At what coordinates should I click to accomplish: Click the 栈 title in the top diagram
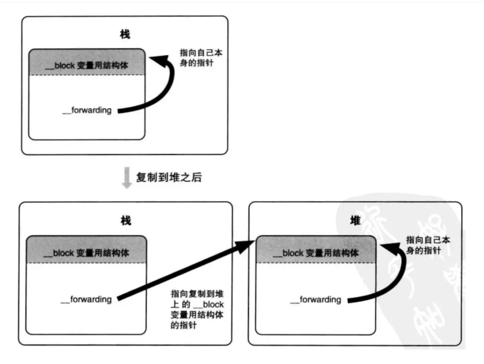tap(125, 35)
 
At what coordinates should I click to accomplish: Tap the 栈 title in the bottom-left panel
tap(126, 220)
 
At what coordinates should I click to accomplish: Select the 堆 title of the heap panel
tap(355, 220)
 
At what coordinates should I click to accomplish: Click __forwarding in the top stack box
tap(87, 110)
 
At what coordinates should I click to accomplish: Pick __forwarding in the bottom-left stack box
tap(86, 299)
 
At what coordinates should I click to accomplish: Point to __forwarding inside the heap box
tap(315, 299)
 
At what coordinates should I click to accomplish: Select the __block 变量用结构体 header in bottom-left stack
tap(86, 253)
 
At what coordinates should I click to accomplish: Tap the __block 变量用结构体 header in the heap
tap(315, 253)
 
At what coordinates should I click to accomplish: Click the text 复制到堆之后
tap(169, 178)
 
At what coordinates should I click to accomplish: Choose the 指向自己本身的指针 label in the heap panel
tap(428, 245)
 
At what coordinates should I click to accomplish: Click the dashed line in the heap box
tap(315, 263)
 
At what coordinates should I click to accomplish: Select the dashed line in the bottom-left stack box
tap(86, 263)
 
